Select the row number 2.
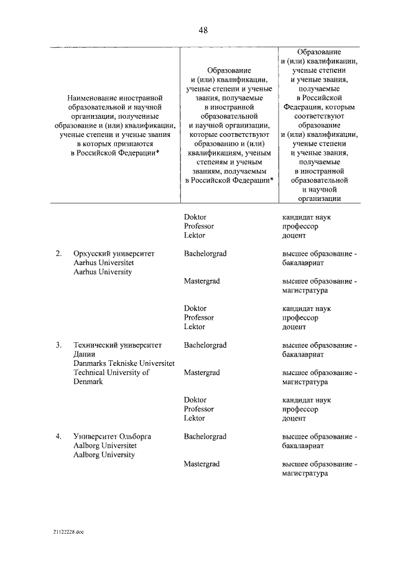58,254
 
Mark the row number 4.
58,437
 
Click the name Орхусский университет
114,254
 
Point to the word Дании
84,354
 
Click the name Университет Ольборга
112,437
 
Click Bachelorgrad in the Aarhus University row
205,254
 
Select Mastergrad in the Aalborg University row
201,464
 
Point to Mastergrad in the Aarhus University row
201,281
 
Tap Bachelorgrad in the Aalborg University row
205,437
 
